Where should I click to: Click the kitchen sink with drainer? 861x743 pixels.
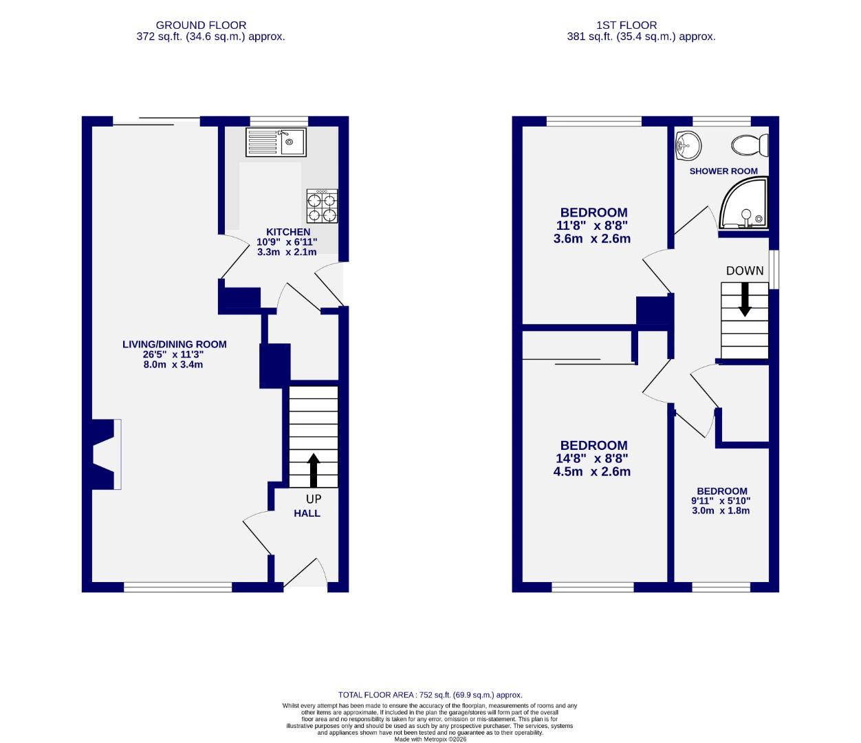(278, 142)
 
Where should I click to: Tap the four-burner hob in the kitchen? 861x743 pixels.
(322, 207)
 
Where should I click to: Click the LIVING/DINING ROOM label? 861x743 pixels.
(174, 345)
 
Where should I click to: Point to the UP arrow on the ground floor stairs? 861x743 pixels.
(314, 470)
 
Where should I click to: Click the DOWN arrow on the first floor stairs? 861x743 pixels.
(744, 302)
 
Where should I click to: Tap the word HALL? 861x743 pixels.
(307, 513)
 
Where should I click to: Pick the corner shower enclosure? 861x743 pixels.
(743, 205)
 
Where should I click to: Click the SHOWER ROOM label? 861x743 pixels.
(723, 171)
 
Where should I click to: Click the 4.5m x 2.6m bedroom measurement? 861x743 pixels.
(592, 472)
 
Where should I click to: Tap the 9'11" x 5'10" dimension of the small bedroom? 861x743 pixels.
(721, 501)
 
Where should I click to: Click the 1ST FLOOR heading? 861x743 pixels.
(641, 25)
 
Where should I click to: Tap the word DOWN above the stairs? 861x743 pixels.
(745, 271)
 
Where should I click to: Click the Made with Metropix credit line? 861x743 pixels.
(430, 740)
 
